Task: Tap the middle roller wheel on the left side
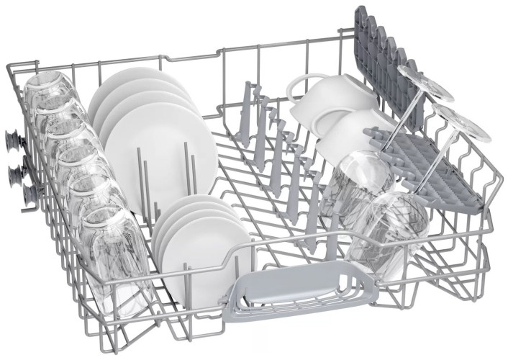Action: pos(16,172)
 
